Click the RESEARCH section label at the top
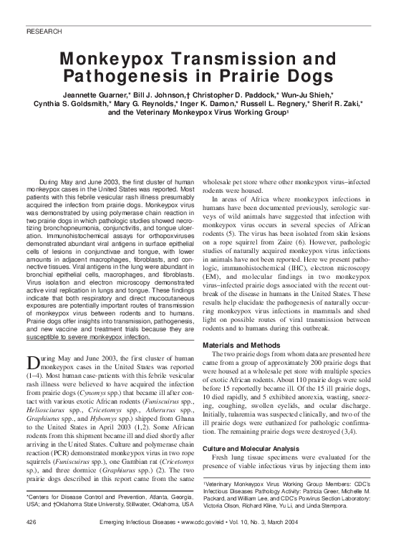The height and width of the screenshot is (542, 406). (x=44, y=32)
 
